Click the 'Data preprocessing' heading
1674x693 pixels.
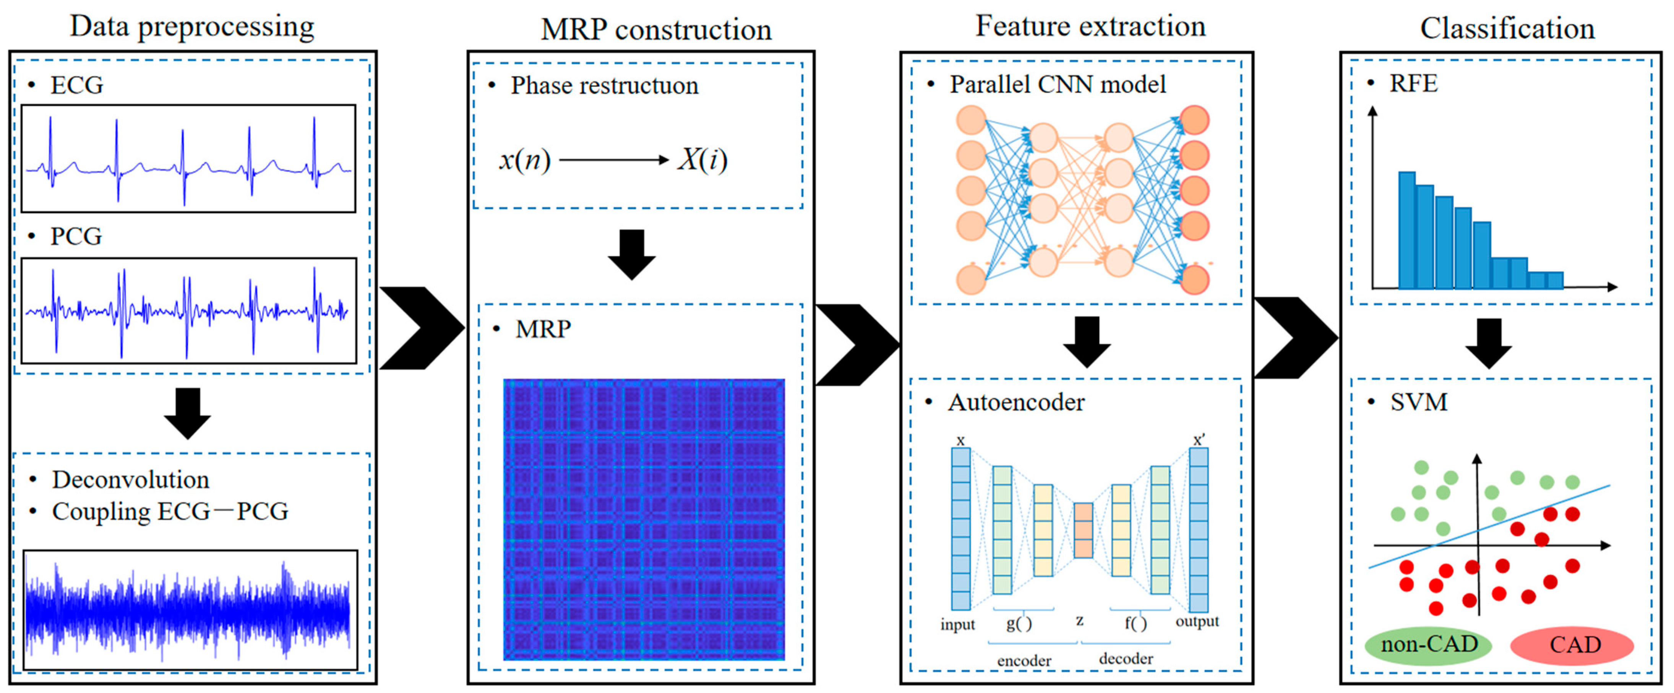pyautogui.click(x=192, y=27)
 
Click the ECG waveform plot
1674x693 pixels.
pyautogui.click(x=188, y=158)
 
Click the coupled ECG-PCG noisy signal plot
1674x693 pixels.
pyautogui.click(x=190, y=609)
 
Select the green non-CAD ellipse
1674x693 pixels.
pyautogui.click(x=1428, y=645)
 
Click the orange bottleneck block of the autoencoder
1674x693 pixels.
pyautogui.click(x=1083, y=530)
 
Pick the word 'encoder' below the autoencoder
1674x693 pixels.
pyautogui.click(x=1024, y=660)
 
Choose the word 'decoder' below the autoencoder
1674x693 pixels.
pyautogui.click(x=1126, y=659)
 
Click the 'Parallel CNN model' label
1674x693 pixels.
pyautogui.click(x=1057, y=85)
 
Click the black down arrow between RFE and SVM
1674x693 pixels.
pyautogui.click(x=1489, y=343)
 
